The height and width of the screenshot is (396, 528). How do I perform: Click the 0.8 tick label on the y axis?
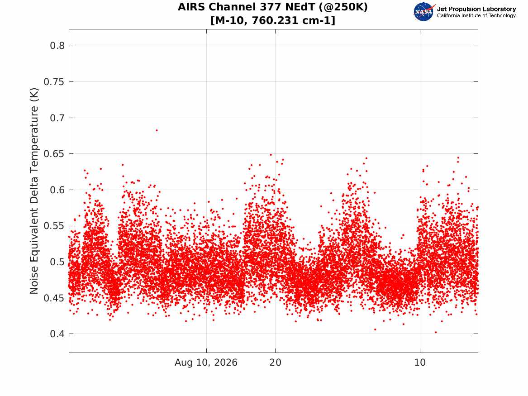pos(57,46)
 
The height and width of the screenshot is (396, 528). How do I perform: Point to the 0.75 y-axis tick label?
pos(54,82)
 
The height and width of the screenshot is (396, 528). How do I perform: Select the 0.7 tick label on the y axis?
pos(57,118)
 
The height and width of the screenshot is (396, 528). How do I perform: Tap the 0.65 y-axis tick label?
pos(54,154)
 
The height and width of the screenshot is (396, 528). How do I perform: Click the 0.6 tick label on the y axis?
pos(57,190)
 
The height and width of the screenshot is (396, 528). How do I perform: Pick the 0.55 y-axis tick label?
pos(54,226)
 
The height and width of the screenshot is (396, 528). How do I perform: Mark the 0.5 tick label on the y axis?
pos(57,262)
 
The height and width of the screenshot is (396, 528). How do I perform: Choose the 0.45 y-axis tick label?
pos(54,298)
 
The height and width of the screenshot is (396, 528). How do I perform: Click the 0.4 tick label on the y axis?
pos(57,334)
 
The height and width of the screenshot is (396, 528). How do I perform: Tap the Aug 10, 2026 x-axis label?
pos(206,363)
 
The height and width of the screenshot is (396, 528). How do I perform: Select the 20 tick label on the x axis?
pos(275,363)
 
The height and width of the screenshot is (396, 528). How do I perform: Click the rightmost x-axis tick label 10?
pos(420,363)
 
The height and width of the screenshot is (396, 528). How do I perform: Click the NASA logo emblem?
pos(424,12)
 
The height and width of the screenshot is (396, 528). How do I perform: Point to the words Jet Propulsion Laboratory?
pos(476,9)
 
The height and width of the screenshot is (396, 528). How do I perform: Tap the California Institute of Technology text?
pos(476,15)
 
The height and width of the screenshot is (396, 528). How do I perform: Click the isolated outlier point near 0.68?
pos(157,130)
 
